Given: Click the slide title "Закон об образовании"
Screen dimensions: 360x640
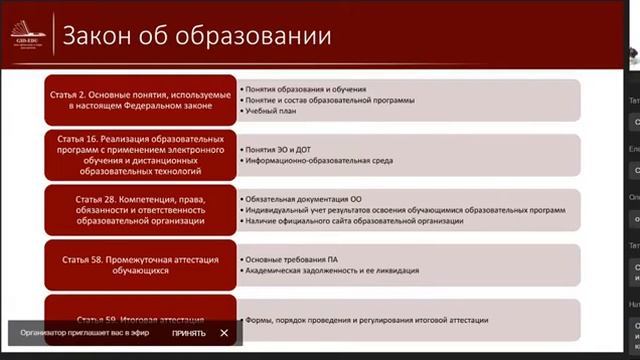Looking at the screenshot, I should [197, 36].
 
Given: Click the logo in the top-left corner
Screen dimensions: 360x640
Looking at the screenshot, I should [26, 36].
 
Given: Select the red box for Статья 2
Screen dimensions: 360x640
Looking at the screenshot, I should [141, 98].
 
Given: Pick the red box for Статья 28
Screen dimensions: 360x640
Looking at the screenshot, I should [141, 209].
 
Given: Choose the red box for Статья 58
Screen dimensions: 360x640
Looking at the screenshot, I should [141, 263].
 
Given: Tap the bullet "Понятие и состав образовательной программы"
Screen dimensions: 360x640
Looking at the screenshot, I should [330, 100].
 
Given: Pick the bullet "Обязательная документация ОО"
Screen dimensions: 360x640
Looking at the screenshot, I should [305, 198].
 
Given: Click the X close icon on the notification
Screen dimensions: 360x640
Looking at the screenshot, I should [224, 333].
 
